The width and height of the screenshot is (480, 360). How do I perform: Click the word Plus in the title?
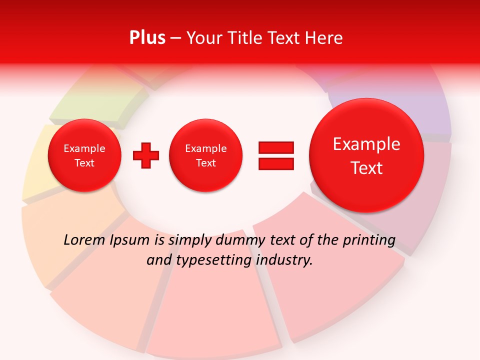coord(147,38)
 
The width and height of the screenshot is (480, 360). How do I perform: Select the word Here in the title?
coord(323,38)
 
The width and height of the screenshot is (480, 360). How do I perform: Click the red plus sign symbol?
coord(146,155)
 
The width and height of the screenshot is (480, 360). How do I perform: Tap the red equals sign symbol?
coord(276,155)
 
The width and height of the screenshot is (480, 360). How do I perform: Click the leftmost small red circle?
coord(84,155)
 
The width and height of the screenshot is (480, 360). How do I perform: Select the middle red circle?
coord(205,155)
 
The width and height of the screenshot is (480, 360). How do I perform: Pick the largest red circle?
coord(366,155)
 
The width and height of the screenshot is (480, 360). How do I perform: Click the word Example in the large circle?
coord(366,144)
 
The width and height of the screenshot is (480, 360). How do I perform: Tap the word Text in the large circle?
coord(366,168)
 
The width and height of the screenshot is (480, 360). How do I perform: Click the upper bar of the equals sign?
coord(276,147)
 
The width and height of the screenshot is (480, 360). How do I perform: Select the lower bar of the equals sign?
coord(276,163)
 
